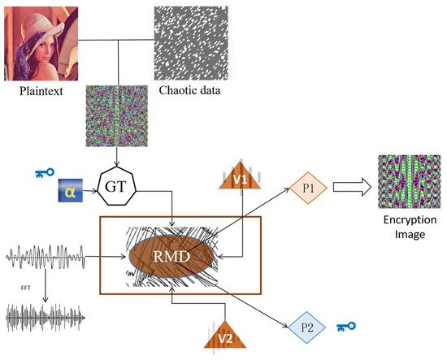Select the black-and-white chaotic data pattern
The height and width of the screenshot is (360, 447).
(x=185, y=40)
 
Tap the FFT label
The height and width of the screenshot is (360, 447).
(x=27, y=286)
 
